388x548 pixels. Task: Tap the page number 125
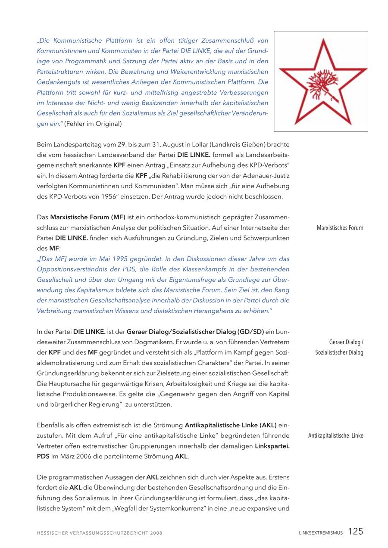tap(356, 532)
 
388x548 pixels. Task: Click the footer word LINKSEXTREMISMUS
tap(321, 533)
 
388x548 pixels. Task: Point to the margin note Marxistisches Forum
tap(340, 228)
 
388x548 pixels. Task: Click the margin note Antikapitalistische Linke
tap(335, 436)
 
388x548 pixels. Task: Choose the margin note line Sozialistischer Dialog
tap(339, 352)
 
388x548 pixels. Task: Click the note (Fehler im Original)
tap(93, 124)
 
